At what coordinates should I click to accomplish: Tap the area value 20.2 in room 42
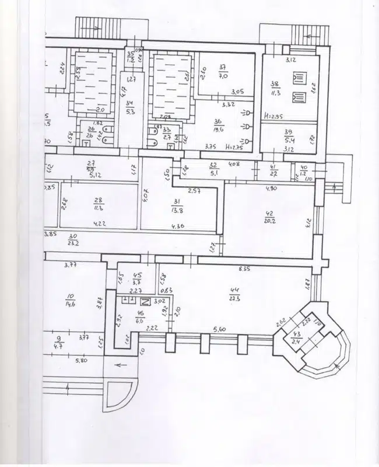269,222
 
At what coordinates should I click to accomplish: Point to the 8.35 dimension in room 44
244,269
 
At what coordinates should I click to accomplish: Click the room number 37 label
222,67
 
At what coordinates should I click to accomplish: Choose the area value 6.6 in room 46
139,320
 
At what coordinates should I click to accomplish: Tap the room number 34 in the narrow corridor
129,104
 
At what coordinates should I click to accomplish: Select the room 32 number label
213,165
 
